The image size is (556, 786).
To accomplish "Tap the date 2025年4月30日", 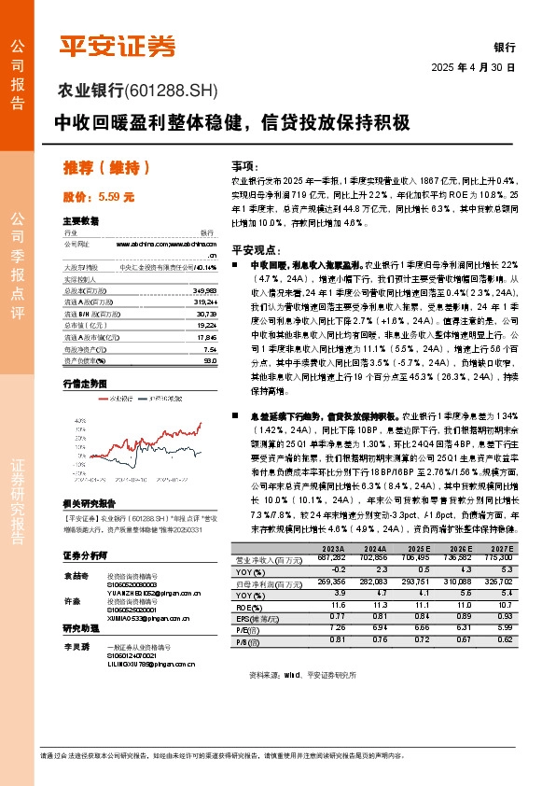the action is [473, 68].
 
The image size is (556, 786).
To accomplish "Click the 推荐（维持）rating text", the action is [106, 168].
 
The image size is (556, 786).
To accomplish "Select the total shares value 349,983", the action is [202, 289].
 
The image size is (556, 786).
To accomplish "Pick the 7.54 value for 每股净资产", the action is [209, 349].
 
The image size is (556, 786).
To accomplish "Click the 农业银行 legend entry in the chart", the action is [120, 400].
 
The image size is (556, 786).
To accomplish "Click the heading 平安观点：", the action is [256, 249].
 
